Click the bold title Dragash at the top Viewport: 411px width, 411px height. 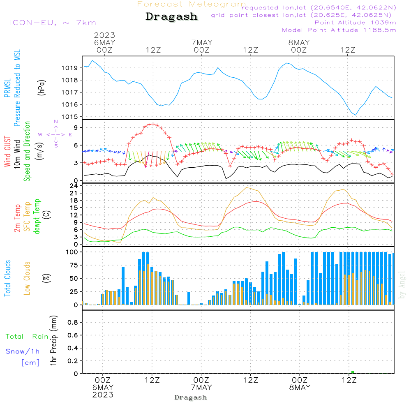coord(171,17)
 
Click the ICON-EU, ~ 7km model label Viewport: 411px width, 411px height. coord(53,23)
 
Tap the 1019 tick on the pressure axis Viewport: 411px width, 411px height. coord(70,68)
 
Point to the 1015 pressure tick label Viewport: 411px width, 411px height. coord(70,117)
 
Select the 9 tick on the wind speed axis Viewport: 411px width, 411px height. coord(76,128)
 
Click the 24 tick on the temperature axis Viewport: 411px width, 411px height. coord(74,186)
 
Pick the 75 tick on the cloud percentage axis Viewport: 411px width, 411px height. coord(74,265)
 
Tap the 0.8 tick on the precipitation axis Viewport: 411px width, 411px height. coord(73,322)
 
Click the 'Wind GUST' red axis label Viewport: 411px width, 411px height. coord(7,151)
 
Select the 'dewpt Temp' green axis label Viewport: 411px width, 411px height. coord(37,216)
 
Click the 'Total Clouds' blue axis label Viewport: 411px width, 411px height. coord(7,278)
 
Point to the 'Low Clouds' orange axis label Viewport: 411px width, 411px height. coord(27,278)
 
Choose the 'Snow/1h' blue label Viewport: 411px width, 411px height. coord(23,351)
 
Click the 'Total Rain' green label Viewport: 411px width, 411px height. coord(27,337)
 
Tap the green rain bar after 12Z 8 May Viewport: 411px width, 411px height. coord(353,372)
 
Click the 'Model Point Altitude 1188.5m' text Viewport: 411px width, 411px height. coord(339,30)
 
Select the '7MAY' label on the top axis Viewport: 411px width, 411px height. coord(202,43)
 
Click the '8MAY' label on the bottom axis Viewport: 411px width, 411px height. coord(300,388)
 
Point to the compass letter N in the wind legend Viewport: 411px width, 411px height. coord(56,122)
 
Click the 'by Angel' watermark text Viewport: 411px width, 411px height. coord(402,285)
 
